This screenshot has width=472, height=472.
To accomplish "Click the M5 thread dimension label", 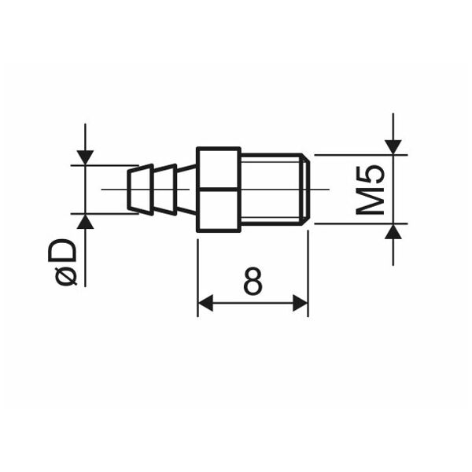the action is [370, 190].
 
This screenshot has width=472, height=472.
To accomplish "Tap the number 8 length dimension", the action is [253, 281].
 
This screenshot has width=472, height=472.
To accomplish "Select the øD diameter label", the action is [62, 262].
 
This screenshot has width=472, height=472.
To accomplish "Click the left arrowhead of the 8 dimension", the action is [205, 303].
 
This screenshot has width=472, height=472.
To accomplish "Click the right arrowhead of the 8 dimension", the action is [301, 303].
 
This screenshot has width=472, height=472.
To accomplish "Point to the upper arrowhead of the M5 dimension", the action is [393, 147].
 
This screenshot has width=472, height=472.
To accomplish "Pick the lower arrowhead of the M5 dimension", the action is [393, 231].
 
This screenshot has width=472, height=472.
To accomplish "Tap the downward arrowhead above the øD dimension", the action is [85, 157].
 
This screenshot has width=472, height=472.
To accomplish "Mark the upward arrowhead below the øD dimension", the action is [85, 221].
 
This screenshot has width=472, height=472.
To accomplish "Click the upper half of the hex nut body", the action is [219, 168].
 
